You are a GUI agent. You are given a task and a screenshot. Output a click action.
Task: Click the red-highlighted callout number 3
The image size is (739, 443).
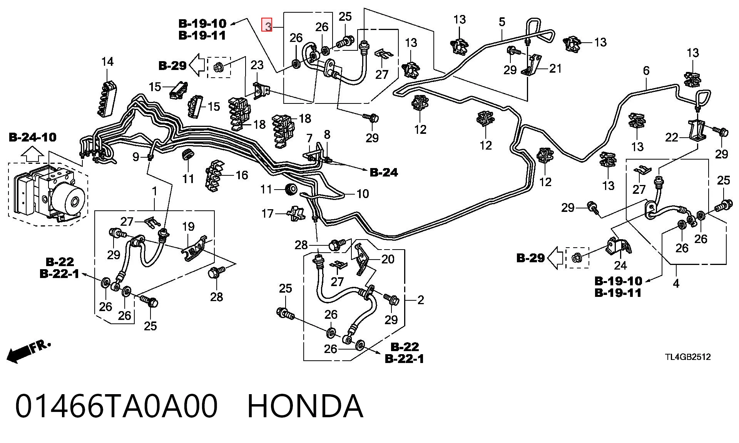click(267, 25)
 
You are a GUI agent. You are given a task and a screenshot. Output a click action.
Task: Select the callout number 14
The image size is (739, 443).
click(107, 62)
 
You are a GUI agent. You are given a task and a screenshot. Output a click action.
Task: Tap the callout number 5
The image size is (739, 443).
click(502, 22)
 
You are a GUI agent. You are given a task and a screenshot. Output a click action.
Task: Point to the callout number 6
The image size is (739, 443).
click(646, 70)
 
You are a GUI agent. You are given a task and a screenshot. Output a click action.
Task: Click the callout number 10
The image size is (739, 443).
click(363, 193)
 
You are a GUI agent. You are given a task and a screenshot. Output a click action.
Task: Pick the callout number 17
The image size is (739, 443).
click(268, 213)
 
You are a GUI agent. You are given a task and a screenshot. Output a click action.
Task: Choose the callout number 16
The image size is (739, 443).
click(242, 175)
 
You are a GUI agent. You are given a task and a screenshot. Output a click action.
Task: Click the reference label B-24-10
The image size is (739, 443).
click(33, 137)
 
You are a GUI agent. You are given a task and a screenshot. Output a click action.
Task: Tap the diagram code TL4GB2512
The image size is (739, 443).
click(688, 357)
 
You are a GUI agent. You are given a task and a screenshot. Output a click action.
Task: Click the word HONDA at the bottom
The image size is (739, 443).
click(305, 406)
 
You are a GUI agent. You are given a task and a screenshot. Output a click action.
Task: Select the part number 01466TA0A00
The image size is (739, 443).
click(117, 406)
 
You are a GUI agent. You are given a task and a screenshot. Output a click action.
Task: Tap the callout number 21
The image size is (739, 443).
click(555, 68)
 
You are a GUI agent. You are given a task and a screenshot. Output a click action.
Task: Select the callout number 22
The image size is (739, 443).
click(672, 137)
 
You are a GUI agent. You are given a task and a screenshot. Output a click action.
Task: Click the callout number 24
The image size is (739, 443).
click(620, 265)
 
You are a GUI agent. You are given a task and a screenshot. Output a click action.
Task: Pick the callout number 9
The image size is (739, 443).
click(136, 157)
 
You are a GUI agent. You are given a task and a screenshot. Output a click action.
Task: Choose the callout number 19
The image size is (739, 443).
click(188, 226)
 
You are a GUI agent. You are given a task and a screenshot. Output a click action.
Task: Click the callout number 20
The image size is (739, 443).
click(388, 259)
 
